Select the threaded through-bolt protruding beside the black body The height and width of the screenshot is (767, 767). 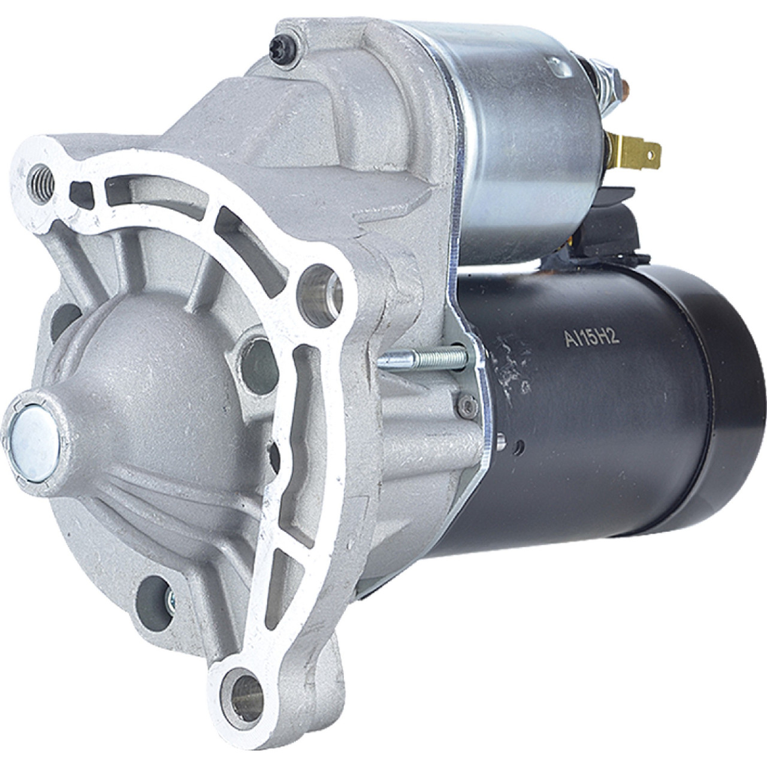click(x=419, y=360)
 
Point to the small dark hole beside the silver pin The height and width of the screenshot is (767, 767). click(x=520, y=445)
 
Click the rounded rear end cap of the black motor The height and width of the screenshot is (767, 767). click(x=734, y=407)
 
